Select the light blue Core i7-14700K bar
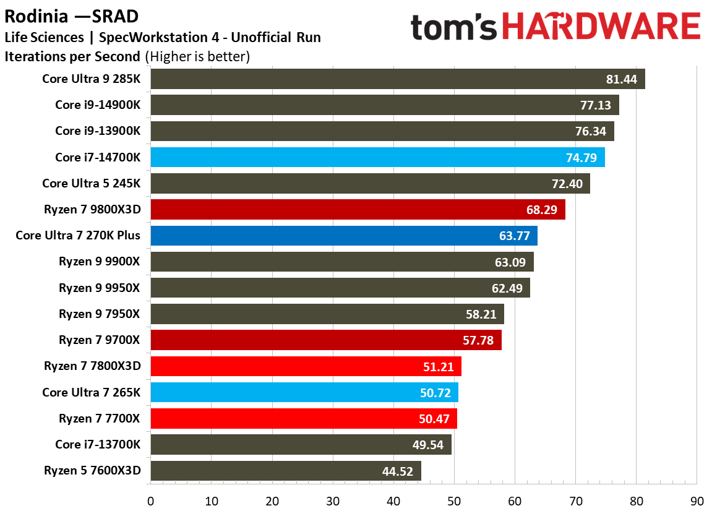coord(377,157)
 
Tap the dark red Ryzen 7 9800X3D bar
coord(358,210)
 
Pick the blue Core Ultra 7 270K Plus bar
coord(343,236)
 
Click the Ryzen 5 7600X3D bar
coord(285,471)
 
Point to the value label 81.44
coord(622,80)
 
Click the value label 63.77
coord(514,236)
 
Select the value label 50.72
coord(435,392)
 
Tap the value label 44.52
coord(398,471)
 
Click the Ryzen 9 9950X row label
coord(99,288)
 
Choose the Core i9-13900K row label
coord(98,131)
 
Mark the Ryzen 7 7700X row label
coord(99,418)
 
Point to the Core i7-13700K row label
coord(98,444)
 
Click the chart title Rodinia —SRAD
coord(72,15)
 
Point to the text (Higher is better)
coord(197,57)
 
